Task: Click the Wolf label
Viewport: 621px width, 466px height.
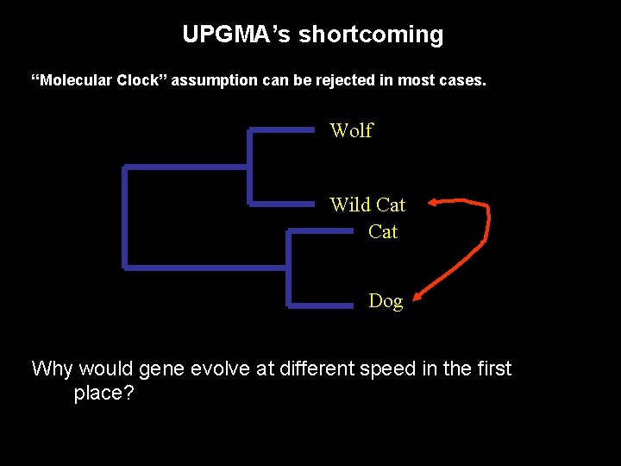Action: [x=351, y=130]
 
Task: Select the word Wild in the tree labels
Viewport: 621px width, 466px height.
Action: [x=349, y=205]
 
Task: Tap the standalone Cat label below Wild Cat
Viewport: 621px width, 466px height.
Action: [x=383, y=231]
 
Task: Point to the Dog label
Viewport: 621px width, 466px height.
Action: [x=386, y=301]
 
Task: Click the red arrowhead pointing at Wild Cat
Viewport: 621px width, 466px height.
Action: [x=434, y=203]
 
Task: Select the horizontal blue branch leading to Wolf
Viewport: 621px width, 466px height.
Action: [x=281, y=130]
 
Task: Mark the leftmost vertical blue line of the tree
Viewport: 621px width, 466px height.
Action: [x=126, y=217]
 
